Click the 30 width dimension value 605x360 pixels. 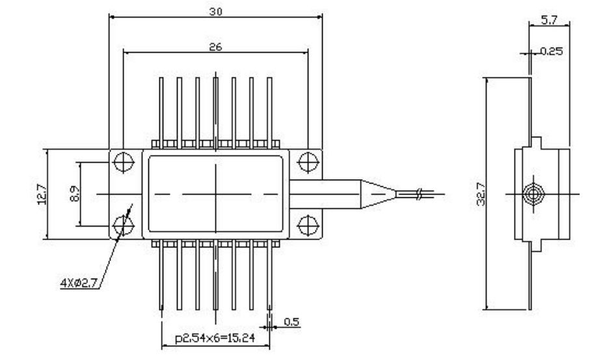pos(216,12)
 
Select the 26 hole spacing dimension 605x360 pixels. pos(216,47)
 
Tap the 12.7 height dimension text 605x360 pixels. pos(42,193)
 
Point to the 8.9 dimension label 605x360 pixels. pos(74,193)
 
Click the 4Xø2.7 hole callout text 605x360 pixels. pos(79,283)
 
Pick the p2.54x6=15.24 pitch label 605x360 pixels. pos(215,338)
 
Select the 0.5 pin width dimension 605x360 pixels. pos(291,322)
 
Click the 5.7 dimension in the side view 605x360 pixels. pos(549,20)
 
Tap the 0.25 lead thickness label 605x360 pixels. pos(552,51)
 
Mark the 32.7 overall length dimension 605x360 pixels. pos(481,194)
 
